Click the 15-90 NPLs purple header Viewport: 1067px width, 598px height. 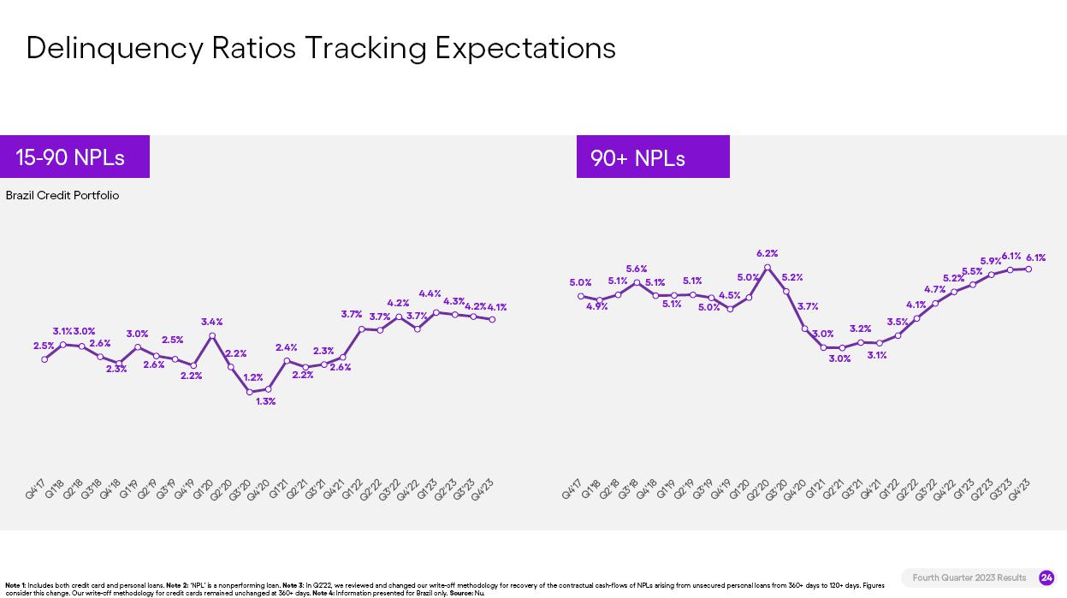point(74,157)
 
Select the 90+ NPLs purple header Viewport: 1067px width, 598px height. point(652,157)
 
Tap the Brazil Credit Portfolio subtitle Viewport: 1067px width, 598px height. point(62,196)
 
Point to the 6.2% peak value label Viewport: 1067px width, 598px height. point(767,253)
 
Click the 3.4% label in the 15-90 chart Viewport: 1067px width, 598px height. point(211,322)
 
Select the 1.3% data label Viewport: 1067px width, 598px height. point(265,401)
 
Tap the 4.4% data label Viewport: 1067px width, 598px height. point(430,293)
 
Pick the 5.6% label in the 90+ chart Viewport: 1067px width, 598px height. point(636,269)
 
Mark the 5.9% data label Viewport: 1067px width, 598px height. point(990,262)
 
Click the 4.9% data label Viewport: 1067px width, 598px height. point(597,306)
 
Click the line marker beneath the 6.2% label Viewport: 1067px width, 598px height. point(768,268)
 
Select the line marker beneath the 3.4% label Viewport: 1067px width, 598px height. point(212,336)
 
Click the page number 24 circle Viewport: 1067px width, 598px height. point(1046,577)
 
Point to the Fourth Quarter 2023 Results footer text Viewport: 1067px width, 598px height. point(969,577)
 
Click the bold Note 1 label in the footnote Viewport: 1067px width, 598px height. point(15,585)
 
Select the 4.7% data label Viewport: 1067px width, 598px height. point(934,290)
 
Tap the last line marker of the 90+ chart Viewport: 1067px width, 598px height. point(1028,269)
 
